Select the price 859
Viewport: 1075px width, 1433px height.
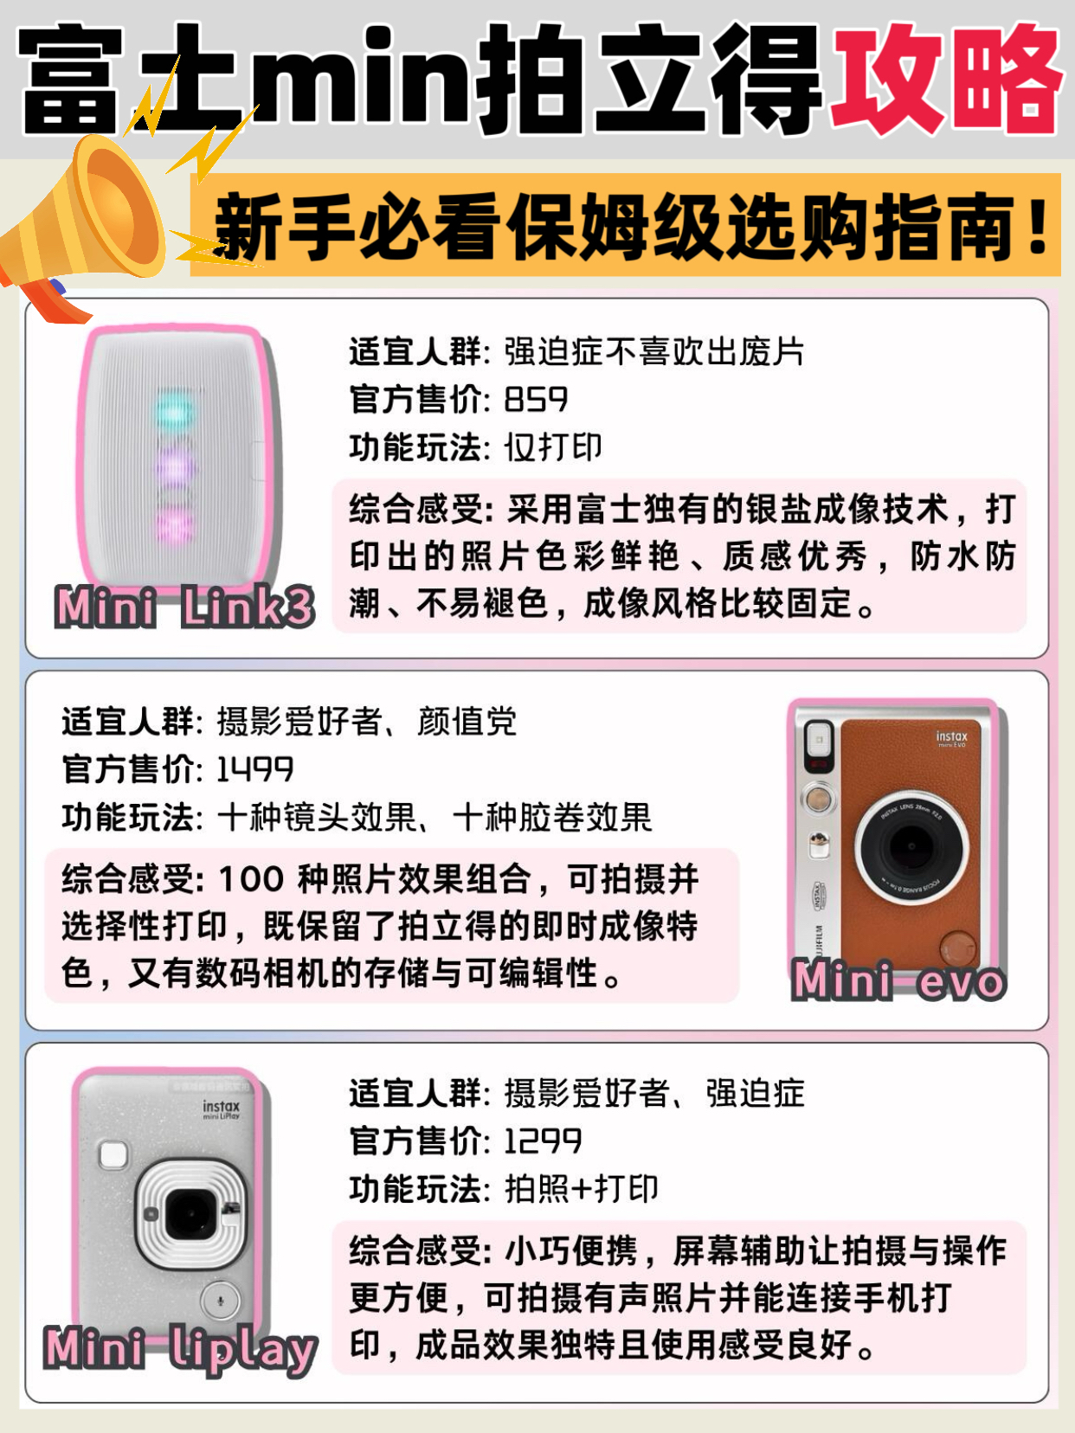(536, 399)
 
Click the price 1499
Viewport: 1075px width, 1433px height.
(254, 769)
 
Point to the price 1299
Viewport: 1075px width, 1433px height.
(543, 1141)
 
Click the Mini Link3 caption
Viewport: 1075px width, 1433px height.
(184, 607)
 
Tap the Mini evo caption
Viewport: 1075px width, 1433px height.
(898, 980)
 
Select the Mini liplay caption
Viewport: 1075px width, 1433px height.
(181, 1350)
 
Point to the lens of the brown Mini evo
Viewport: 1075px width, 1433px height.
(911, 847)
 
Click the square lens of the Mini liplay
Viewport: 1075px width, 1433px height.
(190, 1214)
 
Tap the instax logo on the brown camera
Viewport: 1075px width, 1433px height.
(951, 737)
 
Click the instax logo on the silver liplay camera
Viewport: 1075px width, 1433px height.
(221, 1107)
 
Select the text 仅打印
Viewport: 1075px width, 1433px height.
(553, 447)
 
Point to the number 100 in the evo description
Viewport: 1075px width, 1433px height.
(251, 878)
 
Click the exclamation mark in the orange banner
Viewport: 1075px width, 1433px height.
(1036, 226)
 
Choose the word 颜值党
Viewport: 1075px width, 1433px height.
(467, 722)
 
